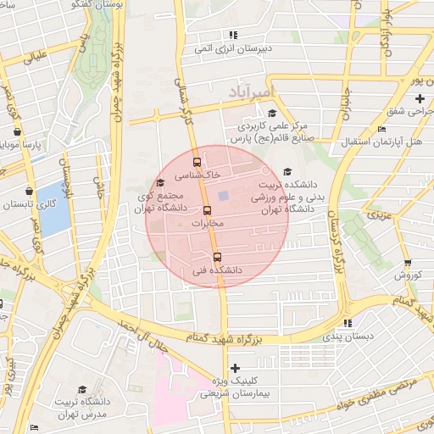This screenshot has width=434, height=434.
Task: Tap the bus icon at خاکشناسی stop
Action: pos(198,162)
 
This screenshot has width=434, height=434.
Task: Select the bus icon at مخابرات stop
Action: pos(207,210)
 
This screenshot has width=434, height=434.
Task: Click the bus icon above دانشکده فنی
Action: pos(217,258)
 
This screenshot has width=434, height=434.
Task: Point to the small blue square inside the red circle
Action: pos(223,196)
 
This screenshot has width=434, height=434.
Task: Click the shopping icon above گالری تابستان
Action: pos(30,192)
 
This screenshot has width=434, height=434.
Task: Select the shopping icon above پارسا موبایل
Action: pos(18,132)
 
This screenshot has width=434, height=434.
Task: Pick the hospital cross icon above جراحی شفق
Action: pos(420,99)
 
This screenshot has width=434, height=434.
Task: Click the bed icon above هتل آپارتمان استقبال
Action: pos(381,129)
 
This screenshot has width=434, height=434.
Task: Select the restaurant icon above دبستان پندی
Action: pos(347,323)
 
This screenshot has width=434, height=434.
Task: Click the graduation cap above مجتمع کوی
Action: pos(160,183)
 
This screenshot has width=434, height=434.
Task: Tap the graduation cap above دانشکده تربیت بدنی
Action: pos(287,170)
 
